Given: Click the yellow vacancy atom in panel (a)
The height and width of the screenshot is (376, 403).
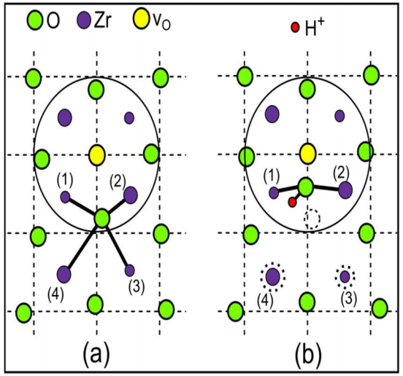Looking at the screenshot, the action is point(97,155).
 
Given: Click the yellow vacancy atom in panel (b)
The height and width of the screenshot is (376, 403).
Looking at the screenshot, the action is point(308,154).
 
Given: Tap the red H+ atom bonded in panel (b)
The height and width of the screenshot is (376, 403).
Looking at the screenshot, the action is point(292,202).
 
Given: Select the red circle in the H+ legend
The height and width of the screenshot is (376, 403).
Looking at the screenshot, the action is point(295,27).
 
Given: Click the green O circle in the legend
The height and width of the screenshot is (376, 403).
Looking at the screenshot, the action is point(35,20).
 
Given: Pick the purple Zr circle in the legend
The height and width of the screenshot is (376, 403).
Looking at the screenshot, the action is point(84,20).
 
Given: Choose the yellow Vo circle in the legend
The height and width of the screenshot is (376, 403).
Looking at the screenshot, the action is point(141,18).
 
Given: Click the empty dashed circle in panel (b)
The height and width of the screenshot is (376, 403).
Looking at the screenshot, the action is point(312,219).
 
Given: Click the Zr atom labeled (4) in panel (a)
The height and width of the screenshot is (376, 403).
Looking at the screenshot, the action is point(64,274).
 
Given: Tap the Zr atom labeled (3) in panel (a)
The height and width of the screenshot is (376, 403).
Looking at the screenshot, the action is point(129,270).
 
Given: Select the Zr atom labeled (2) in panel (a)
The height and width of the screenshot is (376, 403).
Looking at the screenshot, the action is point(131,195).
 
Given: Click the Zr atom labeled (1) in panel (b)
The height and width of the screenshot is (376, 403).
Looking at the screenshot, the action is point(274,192).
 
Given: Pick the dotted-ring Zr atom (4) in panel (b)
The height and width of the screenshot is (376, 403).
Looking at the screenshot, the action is point(273,277).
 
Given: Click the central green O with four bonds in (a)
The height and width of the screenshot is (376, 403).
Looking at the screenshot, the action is point(102,219).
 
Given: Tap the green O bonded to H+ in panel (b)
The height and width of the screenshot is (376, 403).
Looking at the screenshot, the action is point(306,187).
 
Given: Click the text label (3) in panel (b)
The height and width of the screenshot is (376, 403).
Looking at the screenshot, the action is point(349,299).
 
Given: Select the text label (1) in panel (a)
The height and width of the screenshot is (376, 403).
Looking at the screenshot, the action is point(65,180).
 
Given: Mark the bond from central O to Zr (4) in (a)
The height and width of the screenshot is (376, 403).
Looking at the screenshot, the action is point(83,246).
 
